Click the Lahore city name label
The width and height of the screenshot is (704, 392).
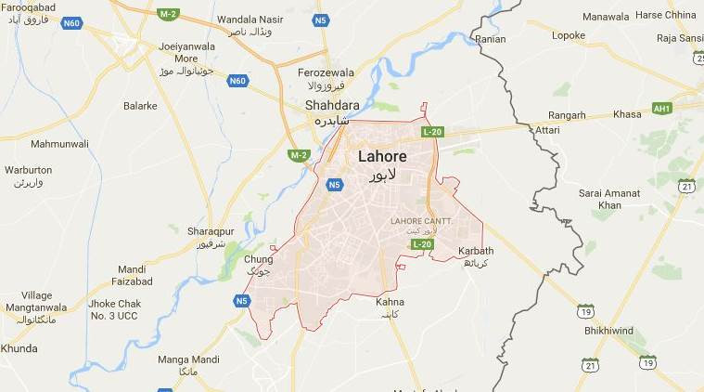pyautogui.click(x=382, y=156)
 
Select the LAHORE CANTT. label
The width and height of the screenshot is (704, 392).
pyautogui.click(x=421, y=220)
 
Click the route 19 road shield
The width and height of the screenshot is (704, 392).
pyautogui.click(x=585, y=309)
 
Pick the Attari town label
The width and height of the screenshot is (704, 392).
pyautogui.click(x=547, y=131)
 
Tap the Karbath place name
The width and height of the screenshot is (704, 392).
pyautogui.click(x=476, y=251)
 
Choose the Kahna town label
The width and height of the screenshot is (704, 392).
pyautogui.click(x=390, y=302)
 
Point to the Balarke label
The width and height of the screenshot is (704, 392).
pyautogui.click(x=140, y=106)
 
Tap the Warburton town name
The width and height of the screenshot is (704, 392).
pyautogui.click(x=29, y=170)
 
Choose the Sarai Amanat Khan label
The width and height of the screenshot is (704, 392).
pyautogui.click(x=609, y=198)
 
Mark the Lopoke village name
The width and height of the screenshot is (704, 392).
pyautogui.click(x=569, y=35)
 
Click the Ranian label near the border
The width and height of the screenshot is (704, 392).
pyautogui.click(x=490, y=40)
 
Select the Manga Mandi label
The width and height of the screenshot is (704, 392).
pyautogui.click(x=188, y=359)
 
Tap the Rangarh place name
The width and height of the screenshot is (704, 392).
pyautogui.click(x=567, y=115)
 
